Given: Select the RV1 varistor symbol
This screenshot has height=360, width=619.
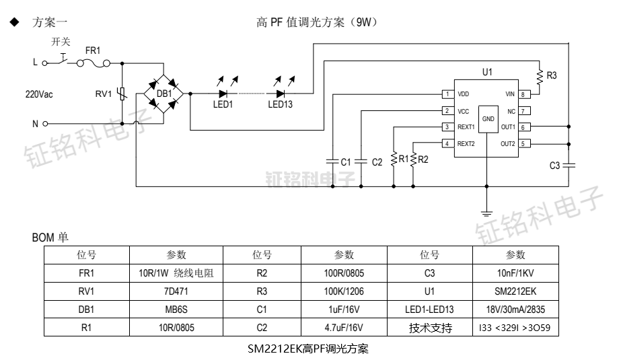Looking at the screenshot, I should pos(122,94).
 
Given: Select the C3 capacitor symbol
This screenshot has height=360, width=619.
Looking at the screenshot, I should pos(569,165).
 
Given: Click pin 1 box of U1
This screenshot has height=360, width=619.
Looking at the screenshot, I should pos(447,94).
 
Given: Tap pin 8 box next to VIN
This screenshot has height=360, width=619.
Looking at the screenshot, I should pos(525,94).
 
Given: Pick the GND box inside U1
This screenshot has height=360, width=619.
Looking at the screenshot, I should pos(488,119).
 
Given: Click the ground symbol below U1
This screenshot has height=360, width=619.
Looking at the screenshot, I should pos(487,213).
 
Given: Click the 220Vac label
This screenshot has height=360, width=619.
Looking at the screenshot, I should pos(38,94).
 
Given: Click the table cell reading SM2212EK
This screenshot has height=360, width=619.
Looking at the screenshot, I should pos(515,291).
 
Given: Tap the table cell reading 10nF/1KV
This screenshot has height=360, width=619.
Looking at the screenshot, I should pos(515,273).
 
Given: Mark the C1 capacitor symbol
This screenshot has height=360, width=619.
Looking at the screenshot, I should pos(331,161).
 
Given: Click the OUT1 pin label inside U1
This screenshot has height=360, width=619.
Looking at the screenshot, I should pos(508,127).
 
